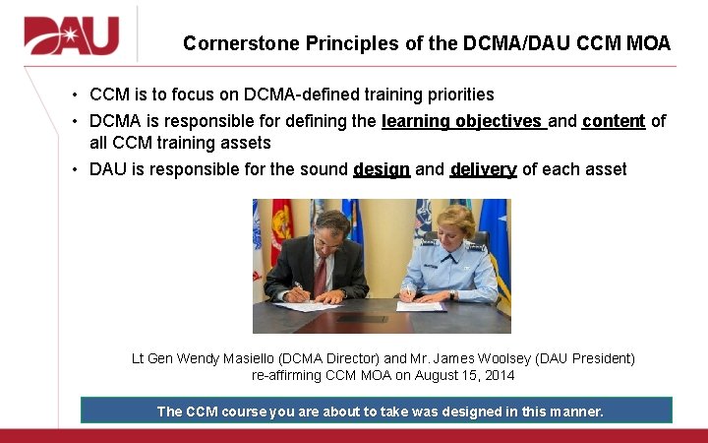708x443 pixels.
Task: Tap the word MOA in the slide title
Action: pyautogui.click(x=647, y=43)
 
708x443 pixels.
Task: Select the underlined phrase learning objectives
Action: pyautogui.click(x=462, y=121)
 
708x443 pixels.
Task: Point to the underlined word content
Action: pyautogui.click(x=614, y=121)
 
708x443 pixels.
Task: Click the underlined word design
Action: pyautogui.click(x=381, y=169)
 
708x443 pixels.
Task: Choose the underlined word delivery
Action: pyautogui.click(x=483, y=169)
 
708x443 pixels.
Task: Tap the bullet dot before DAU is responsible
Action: pyautogui.click(x=76, y=169)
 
